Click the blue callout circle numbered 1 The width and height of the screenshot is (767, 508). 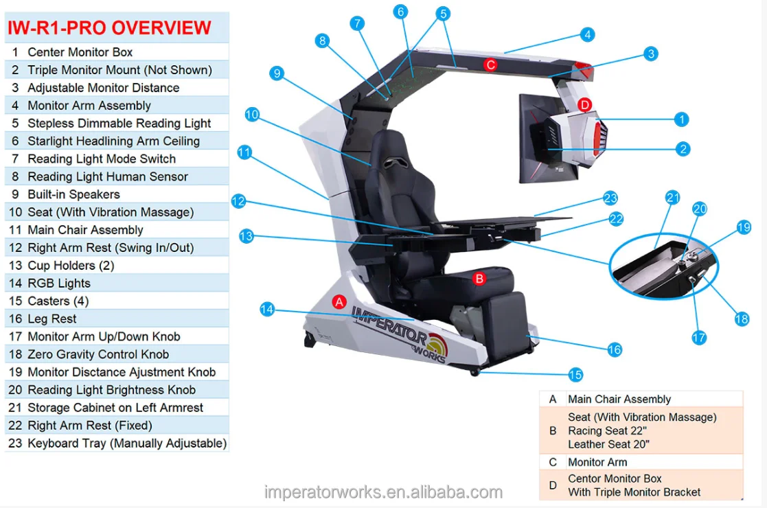click(x=681, y=119)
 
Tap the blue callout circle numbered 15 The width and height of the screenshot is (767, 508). click(x=575, y=375)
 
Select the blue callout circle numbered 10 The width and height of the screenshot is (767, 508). click(x=252, y=115)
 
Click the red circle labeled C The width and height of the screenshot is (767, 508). click(x=490, y=65)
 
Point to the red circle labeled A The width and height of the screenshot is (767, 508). click(x=339, y=301)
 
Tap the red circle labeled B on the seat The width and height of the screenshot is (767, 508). click(x=479, y=278)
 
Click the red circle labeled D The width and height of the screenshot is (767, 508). click(x=584, y=105)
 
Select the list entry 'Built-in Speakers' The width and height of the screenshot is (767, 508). click(x=73, y=194)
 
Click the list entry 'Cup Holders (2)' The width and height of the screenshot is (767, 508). click(x=71, y=266)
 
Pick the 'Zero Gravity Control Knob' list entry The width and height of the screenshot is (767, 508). click(x=98, y=354)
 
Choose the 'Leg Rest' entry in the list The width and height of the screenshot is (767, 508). click(x=52, y=319)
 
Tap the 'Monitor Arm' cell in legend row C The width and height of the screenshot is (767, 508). click(x=597, y=462)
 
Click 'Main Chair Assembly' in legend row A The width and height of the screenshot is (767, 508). click(x=619, y=399)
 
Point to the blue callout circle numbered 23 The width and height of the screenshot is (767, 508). click(x=610, y=198)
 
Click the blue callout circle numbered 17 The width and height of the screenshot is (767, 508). click(x=698, y=337)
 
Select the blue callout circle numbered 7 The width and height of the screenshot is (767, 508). click(x=356, y=23)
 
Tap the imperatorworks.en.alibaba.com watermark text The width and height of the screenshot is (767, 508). click(x=383, y=492)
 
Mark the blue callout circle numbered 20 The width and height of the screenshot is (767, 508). click(x=699, y=209)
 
